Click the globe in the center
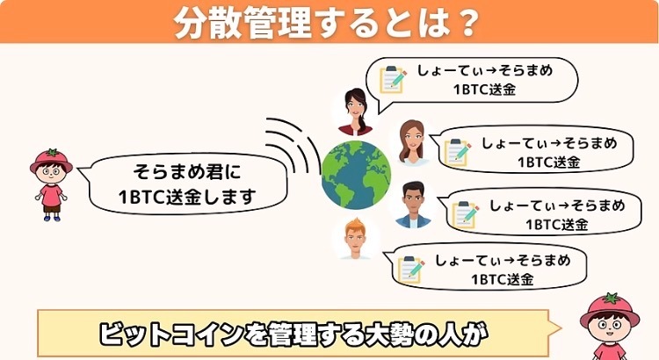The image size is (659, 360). point(355,174)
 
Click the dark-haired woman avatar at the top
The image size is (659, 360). point(354,108)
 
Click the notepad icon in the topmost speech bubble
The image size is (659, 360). point(392,79)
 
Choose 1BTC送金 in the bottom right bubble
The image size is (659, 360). point(502,280)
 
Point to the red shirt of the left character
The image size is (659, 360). point(51,194)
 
